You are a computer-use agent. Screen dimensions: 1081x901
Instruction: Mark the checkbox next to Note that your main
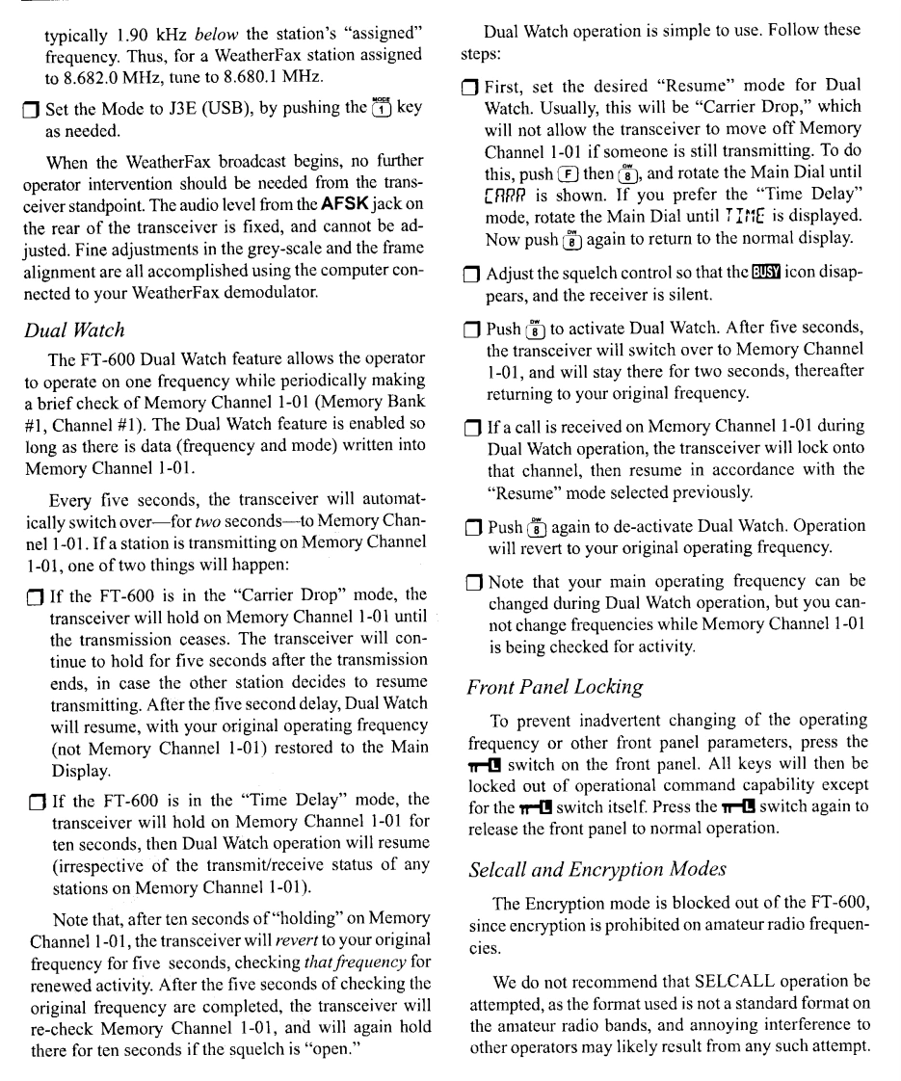coord(471,583)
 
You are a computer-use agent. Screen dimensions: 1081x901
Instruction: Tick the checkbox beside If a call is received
coord(471,427)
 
